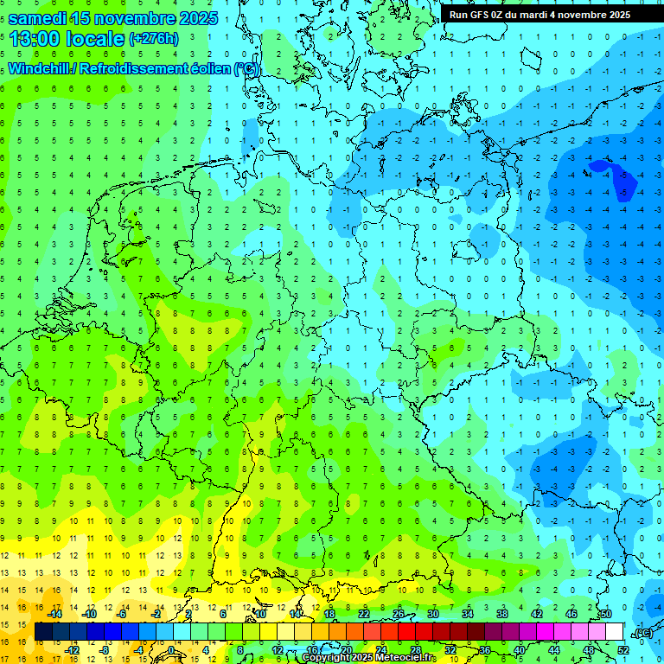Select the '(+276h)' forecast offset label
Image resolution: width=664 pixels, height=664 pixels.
point(153,39)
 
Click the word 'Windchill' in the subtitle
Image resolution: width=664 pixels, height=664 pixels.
point(41,68)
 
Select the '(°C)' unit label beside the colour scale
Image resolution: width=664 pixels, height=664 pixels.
point(642,633)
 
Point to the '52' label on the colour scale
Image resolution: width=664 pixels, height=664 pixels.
point(622,650)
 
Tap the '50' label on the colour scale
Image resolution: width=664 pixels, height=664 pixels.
point(605,614)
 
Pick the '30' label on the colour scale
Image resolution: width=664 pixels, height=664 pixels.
point(432,614)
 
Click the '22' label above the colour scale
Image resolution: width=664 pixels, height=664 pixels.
point(364,614)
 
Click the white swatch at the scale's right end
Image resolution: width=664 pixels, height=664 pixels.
point(615,632)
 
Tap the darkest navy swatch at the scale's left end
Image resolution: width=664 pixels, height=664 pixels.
point(43,632)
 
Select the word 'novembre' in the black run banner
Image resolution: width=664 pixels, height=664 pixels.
point(585,15)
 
